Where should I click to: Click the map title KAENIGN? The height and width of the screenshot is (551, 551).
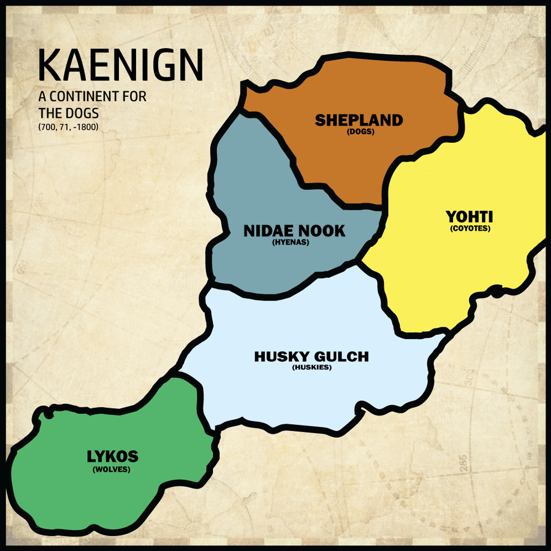[x=121, y=65]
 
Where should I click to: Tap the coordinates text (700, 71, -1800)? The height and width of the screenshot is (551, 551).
[x=68, y=127]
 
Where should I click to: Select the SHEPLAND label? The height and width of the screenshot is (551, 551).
[x=359, y=120]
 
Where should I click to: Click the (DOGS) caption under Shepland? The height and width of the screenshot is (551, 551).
[x=360, y=132]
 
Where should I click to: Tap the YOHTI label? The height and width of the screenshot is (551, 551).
[x=469, y=217]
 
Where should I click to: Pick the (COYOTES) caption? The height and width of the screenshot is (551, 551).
[x=470, y=228]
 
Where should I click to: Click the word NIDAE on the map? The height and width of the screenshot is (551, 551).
[x=267, y=231]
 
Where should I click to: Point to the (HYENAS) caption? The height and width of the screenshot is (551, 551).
[x=290, y=242]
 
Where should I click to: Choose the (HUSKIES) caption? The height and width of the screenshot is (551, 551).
[x=312, y=368]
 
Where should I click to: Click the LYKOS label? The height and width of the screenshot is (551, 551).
[x=112, y=456]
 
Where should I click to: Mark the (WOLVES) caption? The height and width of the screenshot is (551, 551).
[x=111, y=469]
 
